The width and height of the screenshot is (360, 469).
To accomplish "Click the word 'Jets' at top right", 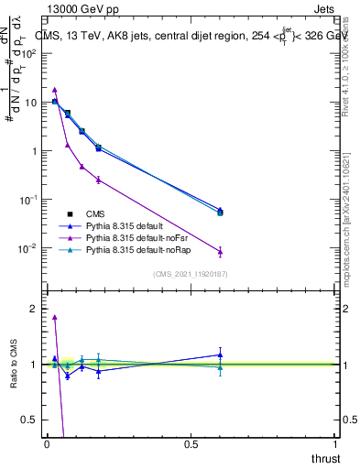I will (323, 8).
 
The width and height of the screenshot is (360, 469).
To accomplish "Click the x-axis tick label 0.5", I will (191, 444).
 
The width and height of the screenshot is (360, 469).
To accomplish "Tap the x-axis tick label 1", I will (335, 444).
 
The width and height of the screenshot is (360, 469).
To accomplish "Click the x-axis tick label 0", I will (47, 444).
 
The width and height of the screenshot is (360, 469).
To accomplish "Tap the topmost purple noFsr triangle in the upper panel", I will (55, 90).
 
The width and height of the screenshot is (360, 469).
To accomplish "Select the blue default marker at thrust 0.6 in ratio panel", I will (220, 354).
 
